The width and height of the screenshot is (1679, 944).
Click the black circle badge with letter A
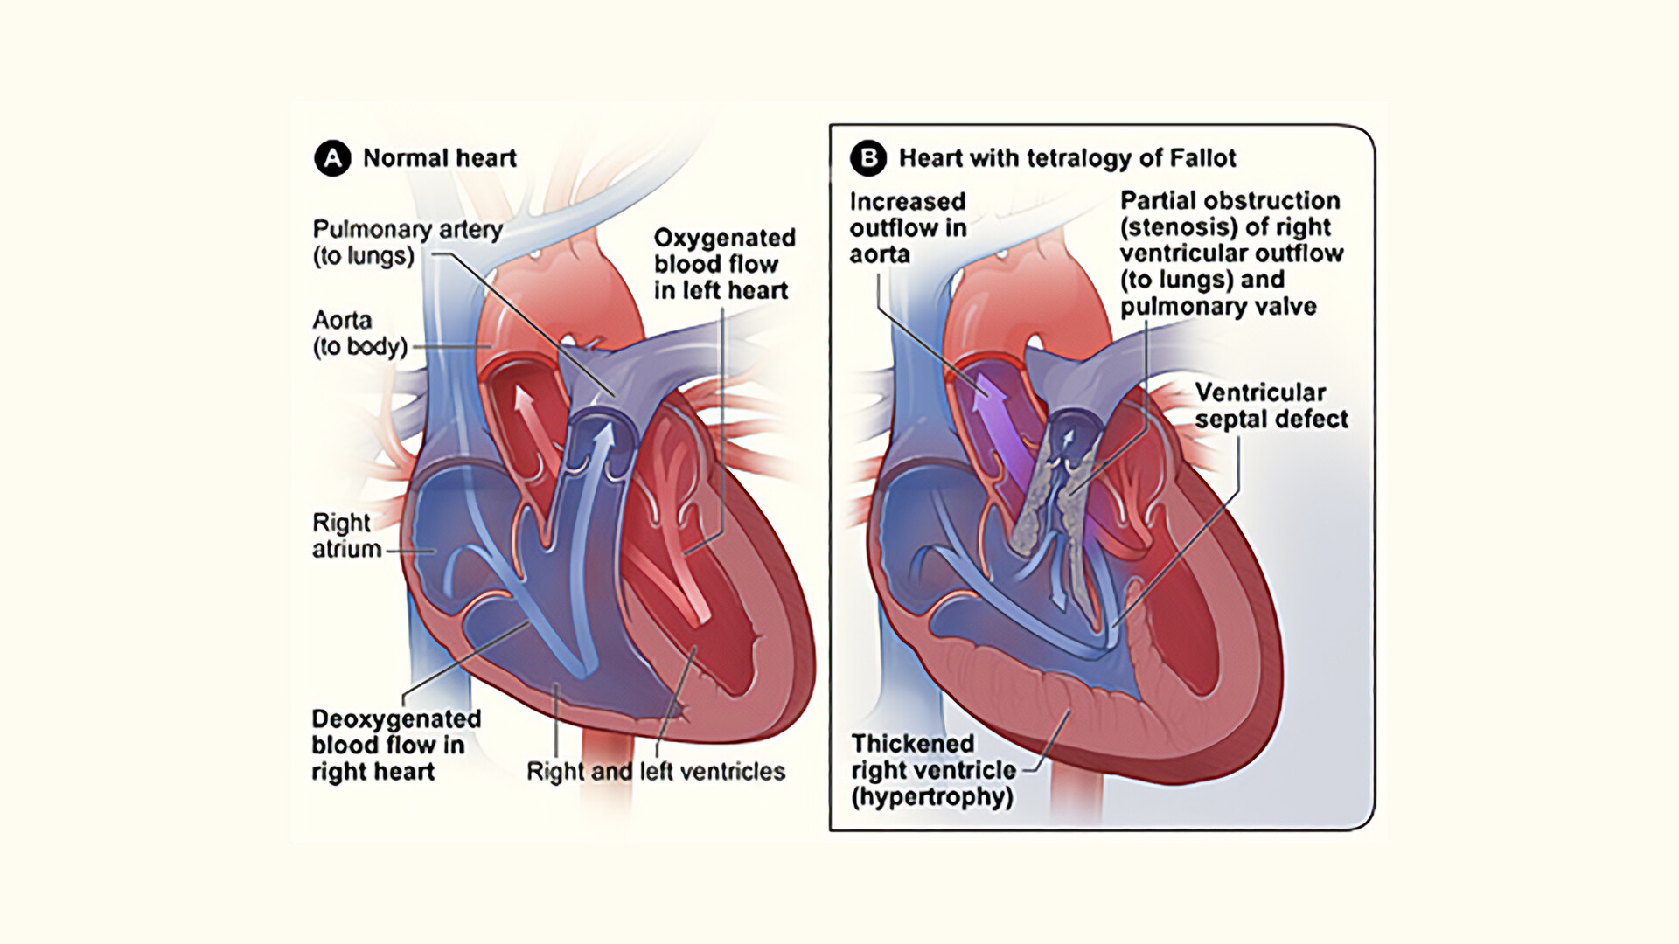[332, 158]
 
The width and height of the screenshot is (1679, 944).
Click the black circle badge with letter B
[868, 158]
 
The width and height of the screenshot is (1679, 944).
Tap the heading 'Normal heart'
[439, 158]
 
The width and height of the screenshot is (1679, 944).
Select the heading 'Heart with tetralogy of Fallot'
[1067, 158]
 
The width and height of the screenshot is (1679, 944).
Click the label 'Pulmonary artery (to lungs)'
[407, 242]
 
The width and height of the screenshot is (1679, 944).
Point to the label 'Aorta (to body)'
[359, 333]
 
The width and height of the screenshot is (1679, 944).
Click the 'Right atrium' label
[346, 536]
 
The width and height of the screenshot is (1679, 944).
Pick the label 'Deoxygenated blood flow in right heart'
[396, 745]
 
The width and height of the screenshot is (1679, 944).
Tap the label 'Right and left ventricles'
[655, 771]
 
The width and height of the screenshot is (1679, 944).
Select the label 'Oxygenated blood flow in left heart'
[724, 264]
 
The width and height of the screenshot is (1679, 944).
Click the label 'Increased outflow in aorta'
[908, 227]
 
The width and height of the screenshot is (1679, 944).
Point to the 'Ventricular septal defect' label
[1271, 406]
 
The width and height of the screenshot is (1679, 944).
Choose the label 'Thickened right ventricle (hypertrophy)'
[933, 770]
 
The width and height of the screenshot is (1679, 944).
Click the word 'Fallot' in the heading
[1205, 158]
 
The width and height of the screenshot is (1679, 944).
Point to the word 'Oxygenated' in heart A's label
[724, 238]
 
